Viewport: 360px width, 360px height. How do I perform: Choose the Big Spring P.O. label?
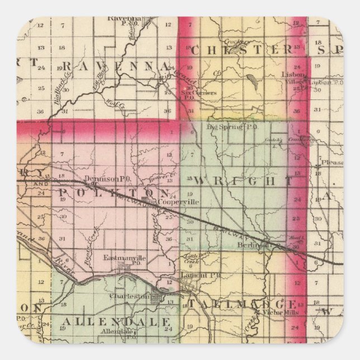click(x=224, y=127)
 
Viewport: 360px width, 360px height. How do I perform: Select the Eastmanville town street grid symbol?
click(x=123, y=268)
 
